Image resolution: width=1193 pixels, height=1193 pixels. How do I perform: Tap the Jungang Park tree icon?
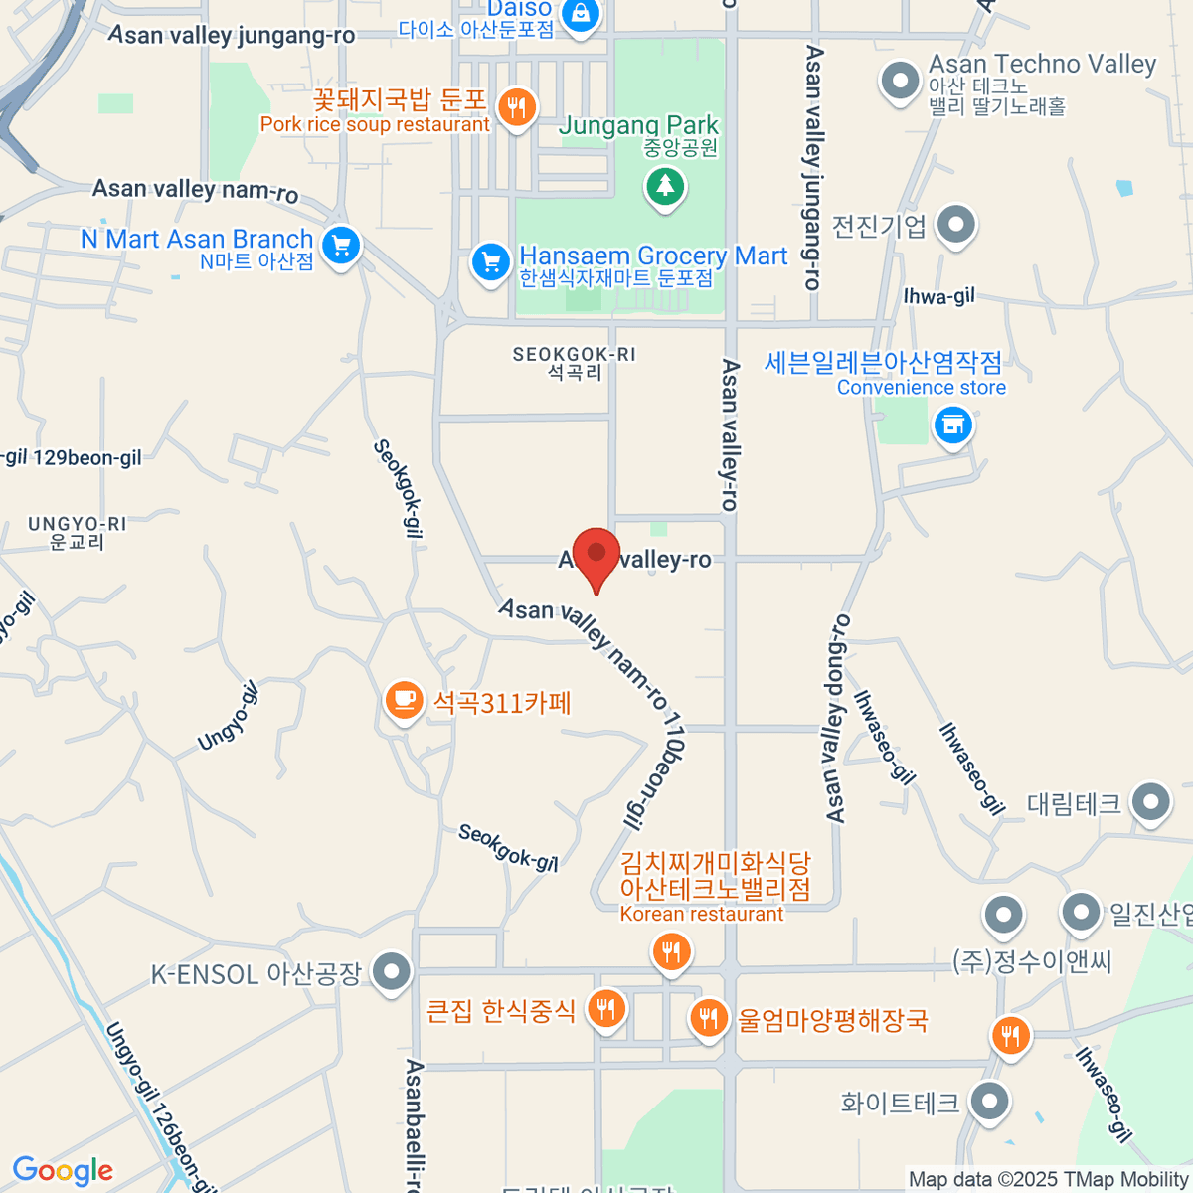tap(665, 186)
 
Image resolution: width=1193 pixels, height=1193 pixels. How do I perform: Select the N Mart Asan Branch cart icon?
tap(341, 245)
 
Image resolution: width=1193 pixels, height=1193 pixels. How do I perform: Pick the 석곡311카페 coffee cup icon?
tap(404, 701)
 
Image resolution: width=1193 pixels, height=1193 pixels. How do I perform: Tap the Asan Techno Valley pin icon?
tap(900, 80)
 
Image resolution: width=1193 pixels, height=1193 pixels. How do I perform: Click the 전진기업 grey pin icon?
tap(956, 225)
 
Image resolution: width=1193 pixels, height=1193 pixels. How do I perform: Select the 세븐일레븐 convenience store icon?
tap(952, 426)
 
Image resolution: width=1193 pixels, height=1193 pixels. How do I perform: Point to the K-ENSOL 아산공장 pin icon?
tap(392, 971)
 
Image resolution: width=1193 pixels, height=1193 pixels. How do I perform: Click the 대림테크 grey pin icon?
tap(1151, 801)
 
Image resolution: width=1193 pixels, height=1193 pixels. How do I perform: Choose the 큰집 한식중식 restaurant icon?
tap(605, 1010)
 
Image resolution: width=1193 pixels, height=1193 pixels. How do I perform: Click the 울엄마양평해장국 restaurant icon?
tap(708, 1018)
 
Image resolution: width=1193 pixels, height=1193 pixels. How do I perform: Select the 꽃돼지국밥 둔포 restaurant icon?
tap(515, 107)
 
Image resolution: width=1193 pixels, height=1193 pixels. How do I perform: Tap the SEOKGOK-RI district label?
tap(575, 363)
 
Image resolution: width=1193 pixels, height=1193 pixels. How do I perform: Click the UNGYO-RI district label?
tap(77, 533)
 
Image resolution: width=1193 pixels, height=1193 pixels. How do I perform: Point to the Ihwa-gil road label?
tap(938, 296)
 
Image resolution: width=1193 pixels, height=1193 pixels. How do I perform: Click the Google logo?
tap(63, 1171)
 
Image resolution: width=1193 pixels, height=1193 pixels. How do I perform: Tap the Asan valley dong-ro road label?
tap(837, 719)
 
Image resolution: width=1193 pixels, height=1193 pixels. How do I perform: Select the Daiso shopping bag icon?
tap(580, 14)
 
